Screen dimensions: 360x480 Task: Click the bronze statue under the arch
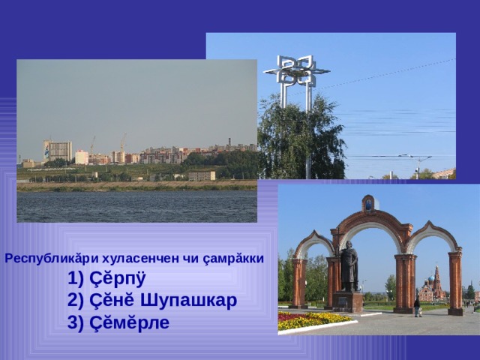(349, 266)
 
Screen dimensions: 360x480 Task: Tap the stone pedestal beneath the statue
(349, 301)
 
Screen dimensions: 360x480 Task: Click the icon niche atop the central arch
(368, 203)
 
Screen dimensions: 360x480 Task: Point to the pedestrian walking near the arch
(417, 306)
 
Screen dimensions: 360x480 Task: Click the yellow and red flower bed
(311, 320)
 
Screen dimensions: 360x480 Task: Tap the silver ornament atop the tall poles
(296, 71)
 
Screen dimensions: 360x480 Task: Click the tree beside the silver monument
(300, 139)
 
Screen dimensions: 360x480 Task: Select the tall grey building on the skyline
(57, 150)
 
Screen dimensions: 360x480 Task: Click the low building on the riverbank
(201, 175)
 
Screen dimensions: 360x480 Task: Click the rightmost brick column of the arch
(455, 281)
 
